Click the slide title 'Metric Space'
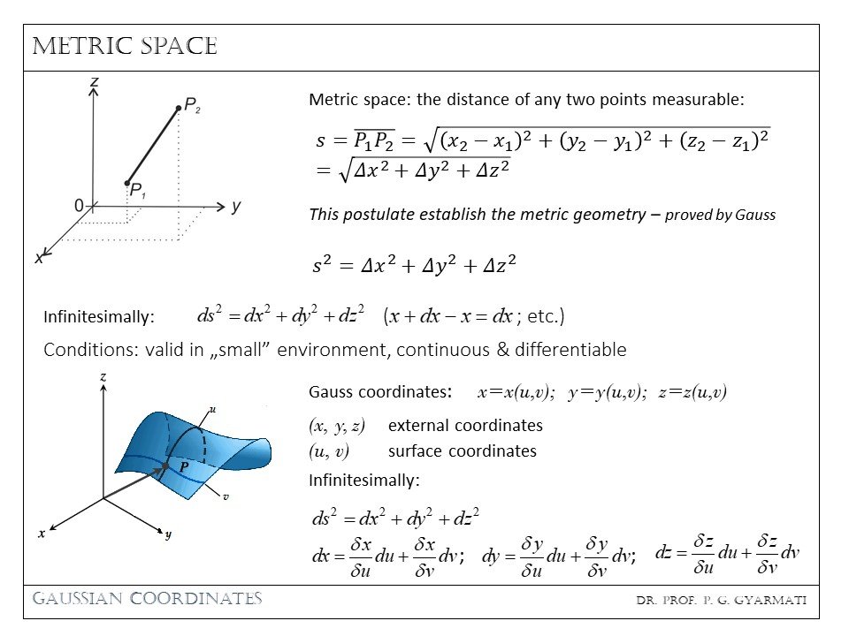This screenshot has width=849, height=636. (125, 47)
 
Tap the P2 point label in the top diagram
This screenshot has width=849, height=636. (192, 106)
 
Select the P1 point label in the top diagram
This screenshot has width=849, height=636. (137, 190)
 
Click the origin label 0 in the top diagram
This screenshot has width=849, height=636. (79, 206)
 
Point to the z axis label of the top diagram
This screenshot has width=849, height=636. (93, 82)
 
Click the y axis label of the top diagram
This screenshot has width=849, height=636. (235, 206)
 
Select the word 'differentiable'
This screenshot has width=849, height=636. (570, 350)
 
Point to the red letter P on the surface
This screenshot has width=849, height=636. (183, 466)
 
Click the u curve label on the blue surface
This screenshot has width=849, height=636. (212, 409)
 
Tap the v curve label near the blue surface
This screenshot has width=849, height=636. (226, 496)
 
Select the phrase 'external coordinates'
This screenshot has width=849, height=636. (465, 425)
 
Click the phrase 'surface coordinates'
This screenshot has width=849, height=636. (462, 450)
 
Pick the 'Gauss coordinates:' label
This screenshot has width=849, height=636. (381, 392)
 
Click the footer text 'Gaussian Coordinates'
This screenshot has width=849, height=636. (148, 598)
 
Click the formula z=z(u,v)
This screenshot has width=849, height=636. (692, 392)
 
